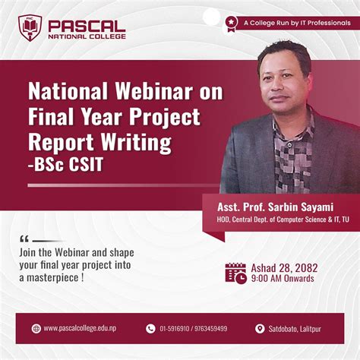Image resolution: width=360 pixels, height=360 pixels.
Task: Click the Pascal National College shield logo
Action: pos(30,27)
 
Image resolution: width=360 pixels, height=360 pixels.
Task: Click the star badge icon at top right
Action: pos(231,22)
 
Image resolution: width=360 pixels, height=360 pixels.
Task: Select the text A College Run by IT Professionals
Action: pos(292,22)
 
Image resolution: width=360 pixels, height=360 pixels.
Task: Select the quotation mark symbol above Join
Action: pos(24,238)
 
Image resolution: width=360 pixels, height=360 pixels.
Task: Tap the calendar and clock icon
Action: pos(235,273)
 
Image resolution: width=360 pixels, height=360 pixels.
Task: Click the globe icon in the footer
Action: pos(36,328)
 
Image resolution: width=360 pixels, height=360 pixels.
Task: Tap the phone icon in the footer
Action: pos(150,328)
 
